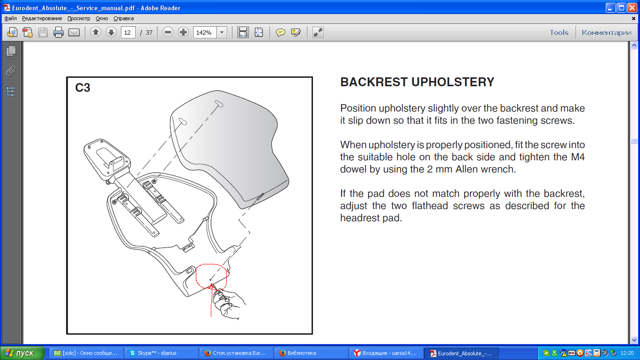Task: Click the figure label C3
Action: [82, 88]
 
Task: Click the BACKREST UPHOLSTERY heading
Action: [417, 82]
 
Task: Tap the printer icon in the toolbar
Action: [58, 32]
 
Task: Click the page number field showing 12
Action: [128, 32]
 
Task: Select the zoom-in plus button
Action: [183, 32]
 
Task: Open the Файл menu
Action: [11, 18]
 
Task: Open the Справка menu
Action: [123, 18]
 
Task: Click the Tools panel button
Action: [559, 33]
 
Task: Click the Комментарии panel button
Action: [607, 33]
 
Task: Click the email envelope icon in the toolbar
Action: [74, 32]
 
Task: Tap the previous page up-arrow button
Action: [96, 32]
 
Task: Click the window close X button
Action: [633, 7]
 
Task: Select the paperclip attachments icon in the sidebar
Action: [11, 71]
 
